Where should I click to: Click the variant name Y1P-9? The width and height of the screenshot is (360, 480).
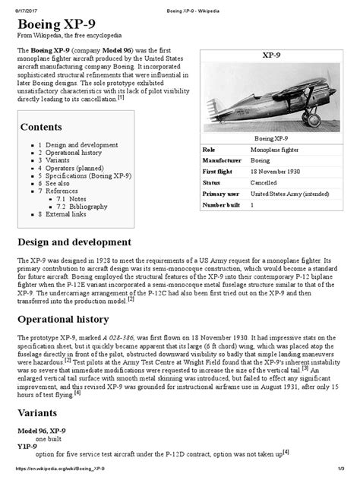[x=29, y=446]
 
